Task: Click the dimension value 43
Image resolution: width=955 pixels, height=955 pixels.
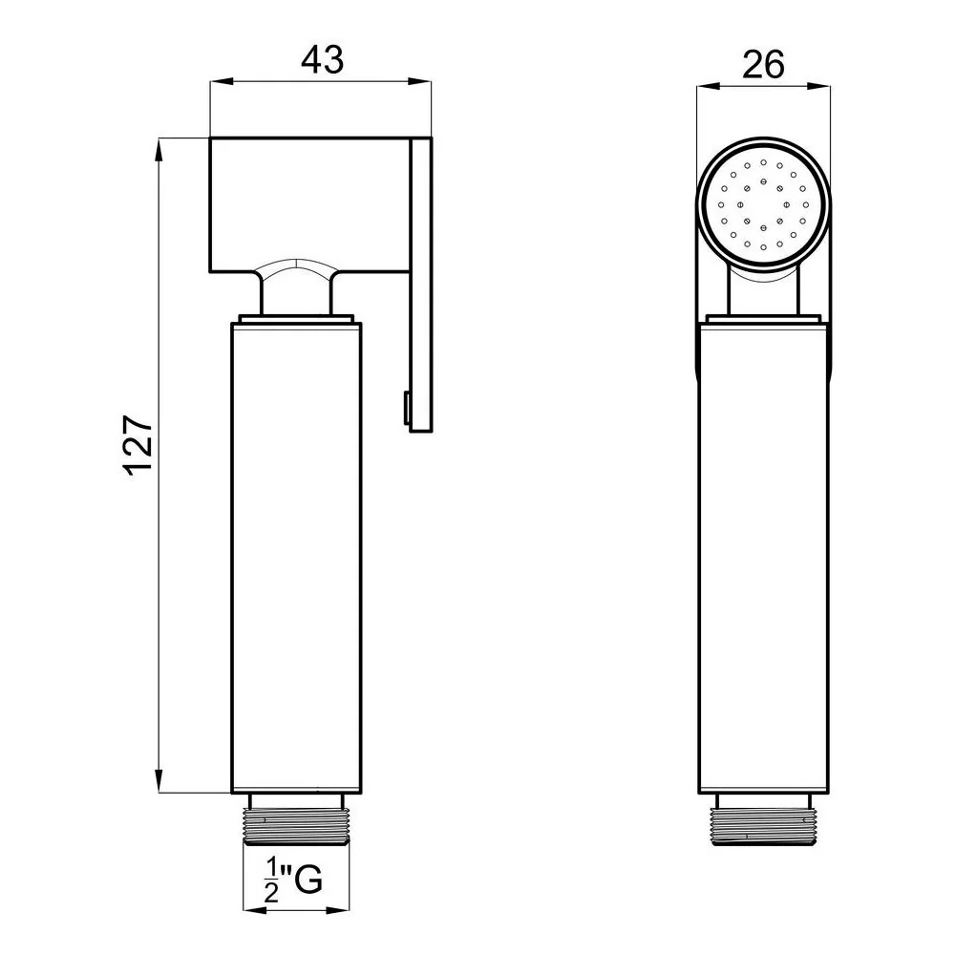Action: (x=322, y=60)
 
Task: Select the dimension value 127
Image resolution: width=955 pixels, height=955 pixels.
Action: (x=138, y=445)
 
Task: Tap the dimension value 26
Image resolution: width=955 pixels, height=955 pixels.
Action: (x=763, y=65)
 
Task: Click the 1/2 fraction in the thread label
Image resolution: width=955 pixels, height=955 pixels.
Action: (x=271, y=881)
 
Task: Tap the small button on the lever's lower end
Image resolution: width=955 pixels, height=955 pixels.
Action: (x=405, y=407)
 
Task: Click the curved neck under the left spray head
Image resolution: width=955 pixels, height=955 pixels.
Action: (x=297, y=286)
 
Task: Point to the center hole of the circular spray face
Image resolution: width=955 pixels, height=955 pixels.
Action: (x=763, y=204)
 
